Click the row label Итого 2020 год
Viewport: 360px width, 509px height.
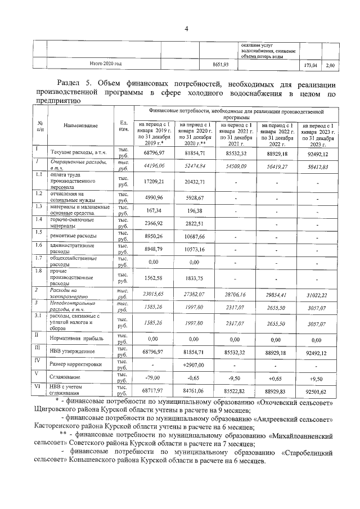pos(106,64)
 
